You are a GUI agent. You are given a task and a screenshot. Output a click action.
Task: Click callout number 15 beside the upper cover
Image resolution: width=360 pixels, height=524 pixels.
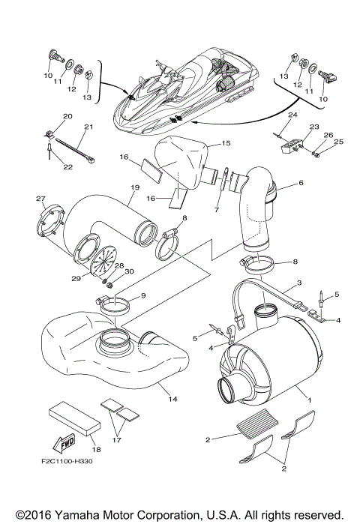pos(226,143)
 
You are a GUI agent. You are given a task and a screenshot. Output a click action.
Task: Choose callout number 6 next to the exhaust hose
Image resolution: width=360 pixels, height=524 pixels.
pos(300,182)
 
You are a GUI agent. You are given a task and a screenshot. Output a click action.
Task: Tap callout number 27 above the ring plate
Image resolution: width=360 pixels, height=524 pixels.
pos(40,199)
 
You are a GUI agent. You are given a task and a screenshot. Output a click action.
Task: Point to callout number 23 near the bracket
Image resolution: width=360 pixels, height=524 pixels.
pos(313,127)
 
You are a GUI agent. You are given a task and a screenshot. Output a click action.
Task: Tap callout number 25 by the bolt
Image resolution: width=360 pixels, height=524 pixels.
pos(337,142)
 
